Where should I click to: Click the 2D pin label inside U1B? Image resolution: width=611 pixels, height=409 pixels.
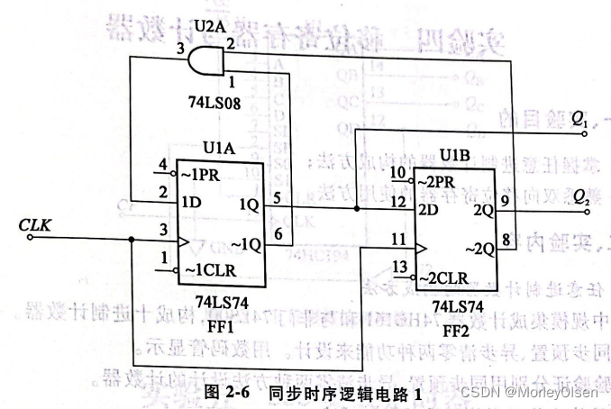point(426,209)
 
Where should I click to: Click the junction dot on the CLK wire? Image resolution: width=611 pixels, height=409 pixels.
point(132,240)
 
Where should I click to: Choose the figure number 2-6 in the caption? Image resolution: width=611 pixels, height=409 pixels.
point(233,394)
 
